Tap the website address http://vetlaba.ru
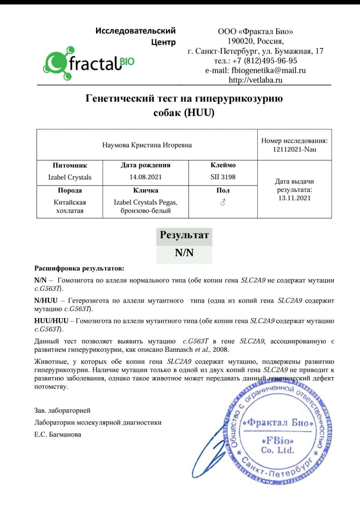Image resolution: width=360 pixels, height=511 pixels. (x=256, y=80)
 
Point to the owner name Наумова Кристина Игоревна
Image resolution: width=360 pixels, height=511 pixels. (x=147, y=145)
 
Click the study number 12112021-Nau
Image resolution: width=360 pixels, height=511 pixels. (x=295, y=149)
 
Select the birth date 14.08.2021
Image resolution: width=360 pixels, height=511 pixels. (x=146, y=177)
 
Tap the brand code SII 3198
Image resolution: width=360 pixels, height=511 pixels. (x=223, y=177)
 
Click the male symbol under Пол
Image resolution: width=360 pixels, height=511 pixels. (x=223, y=202)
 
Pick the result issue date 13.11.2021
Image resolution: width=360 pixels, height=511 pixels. (x=295, y=198)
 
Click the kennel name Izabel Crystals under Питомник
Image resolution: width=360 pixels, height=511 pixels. (x=70, y=177)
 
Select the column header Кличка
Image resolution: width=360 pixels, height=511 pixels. (x=146, y=190)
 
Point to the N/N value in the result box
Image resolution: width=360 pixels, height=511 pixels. (x=184, y=253)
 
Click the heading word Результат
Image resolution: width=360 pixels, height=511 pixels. (x=184, y=235)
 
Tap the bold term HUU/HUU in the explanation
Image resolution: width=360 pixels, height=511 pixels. (x=51, y=321)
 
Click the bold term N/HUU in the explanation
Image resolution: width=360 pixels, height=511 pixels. (x=46, y=301)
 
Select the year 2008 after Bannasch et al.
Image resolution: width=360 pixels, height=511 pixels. (x=220, y=350)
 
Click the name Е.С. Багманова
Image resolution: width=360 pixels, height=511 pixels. (x=58, y=435)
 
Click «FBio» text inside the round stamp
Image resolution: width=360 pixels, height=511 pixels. (x=278, y=440)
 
